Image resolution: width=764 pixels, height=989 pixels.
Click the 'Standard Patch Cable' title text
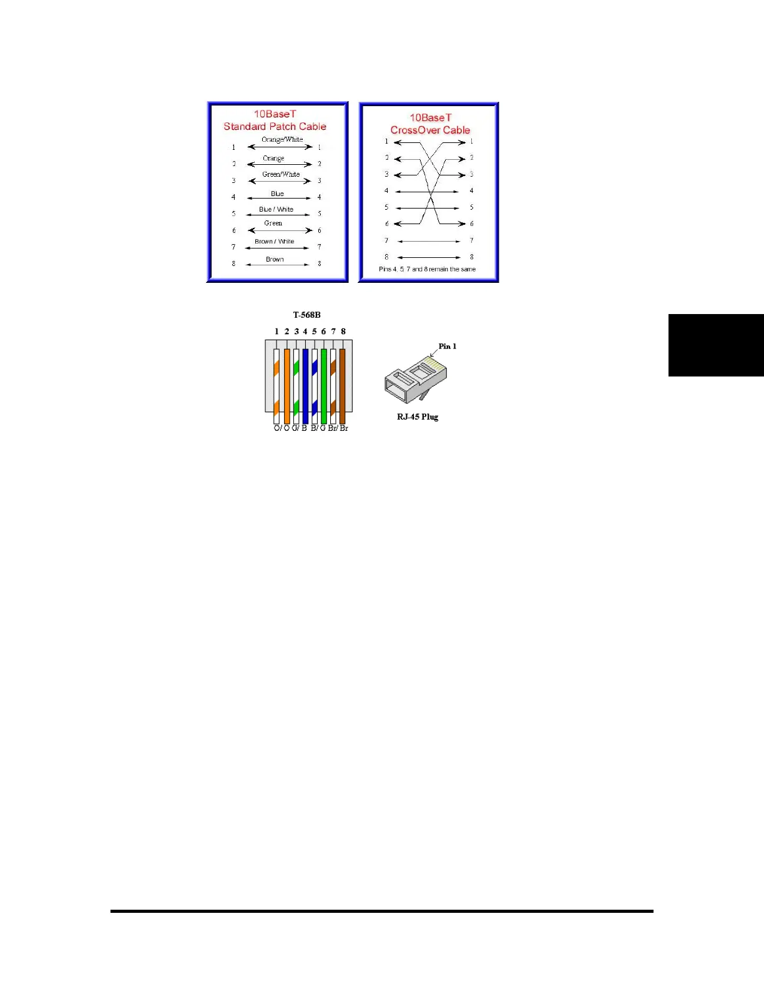275,126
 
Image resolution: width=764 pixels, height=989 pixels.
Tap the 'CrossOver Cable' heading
430,130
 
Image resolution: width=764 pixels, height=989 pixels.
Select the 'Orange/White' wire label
282,139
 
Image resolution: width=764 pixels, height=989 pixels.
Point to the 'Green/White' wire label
281,174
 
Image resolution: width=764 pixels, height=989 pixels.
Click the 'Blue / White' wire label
276,209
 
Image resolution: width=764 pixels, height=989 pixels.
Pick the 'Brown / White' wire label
274,241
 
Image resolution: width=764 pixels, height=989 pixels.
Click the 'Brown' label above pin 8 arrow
275,259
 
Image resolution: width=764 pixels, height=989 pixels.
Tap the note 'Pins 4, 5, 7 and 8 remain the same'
427,269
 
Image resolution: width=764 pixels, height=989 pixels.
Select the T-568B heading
306,315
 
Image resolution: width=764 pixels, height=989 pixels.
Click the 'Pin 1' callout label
447,346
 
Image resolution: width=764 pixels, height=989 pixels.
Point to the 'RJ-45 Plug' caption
418,416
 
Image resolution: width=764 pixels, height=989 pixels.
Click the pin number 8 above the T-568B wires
343,332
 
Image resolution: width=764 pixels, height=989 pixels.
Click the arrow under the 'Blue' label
278,198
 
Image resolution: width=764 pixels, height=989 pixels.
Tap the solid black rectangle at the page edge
716,345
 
